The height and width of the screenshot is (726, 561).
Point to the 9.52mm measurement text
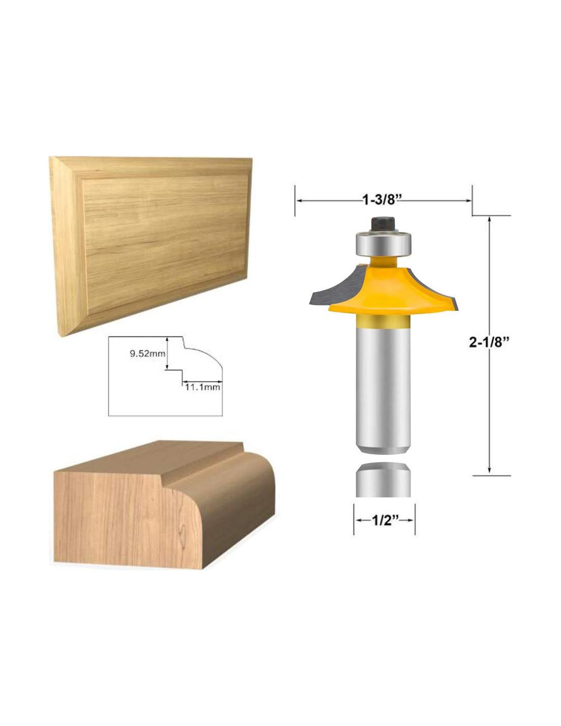147,354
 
